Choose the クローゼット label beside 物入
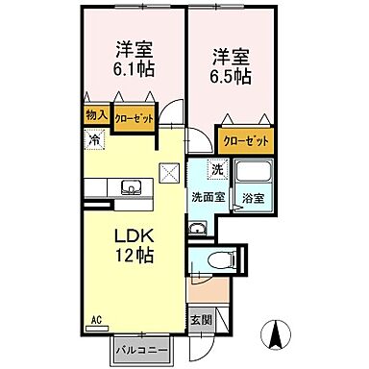(134, 118)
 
